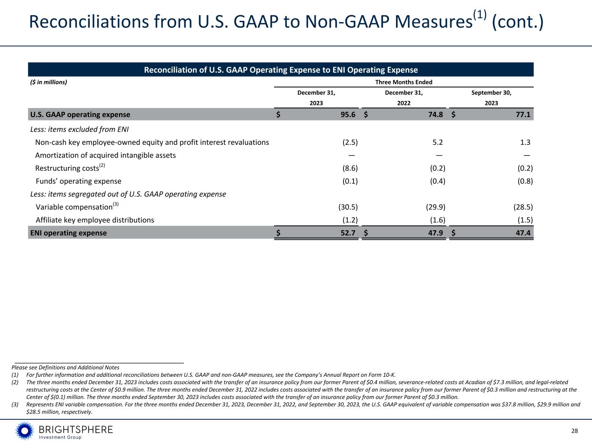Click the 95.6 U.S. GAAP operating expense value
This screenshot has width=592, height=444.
(348, 114)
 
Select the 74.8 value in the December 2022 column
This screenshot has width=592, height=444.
(435, 114)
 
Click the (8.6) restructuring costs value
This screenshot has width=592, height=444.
(350, 168)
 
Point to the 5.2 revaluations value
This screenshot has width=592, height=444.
(438, 142)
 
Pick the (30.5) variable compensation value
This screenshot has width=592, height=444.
(348, 207)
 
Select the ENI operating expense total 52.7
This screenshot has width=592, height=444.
(348, 233)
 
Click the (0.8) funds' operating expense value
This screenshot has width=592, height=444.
(525, 181)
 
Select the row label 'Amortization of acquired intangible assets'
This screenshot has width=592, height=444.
(105, 155)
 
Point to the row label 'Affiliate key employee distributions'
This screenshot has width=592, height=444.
(95, 220)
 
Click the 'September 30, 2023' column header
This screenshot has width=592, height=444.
(491, 98)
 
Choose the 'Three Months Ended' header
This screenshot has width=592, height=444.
(403, 82)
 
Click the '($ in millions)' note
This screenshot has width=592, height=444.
(48, 82)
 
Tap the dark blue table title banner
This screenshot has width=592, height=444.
(281, 70)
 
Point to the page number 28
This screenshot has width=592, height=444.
(574, 431)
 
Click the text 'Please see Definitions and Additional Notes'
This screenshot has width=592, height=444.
(65, 367)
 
